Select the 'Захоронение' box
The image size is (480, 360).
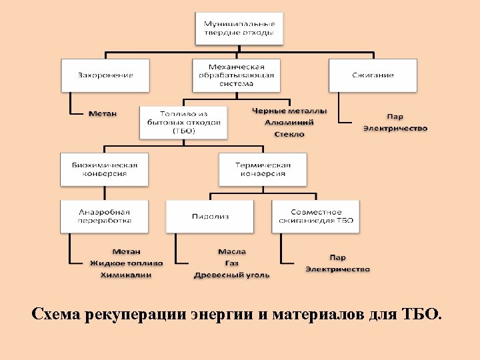[x=105, y=75]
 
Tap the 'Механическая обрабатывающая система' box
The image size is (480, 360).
[x=236, y=75]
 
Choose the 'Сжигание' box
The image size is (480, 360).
[x=373, y=75]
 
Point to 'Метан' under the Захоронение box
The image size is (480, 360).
[x=103, y=113]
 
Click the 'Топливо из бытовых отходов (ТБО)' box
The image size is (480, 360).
[x=183, y=122]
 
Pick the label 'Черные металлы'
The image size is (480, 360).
[x=289, y=111]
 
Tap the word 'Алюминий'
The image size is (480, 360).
[x=289, y=122]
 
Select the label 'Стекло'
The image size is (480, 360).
[x=289, y=134]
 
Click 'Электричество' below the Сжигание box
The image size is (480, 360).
[x=395, y=128]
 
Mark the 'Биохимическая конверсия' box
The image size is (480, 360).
[x=105, y=169]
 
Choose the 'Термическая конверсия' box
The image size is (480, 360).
[x=263, y=169]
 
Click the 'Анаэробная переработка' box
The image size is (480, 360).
[x=105, y=216]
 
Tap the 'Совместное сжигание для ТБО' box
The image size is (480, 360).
[x=315, y=216]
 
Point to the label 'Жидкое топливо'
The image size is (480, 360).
[x=127, y=263]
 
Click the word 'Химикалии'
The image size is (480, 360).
[x=126, y=275]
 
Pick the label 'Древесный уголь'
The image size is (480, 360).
[x=232, y=275]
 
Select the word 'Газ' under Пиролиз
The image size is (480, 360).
[x=231, y=263]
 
